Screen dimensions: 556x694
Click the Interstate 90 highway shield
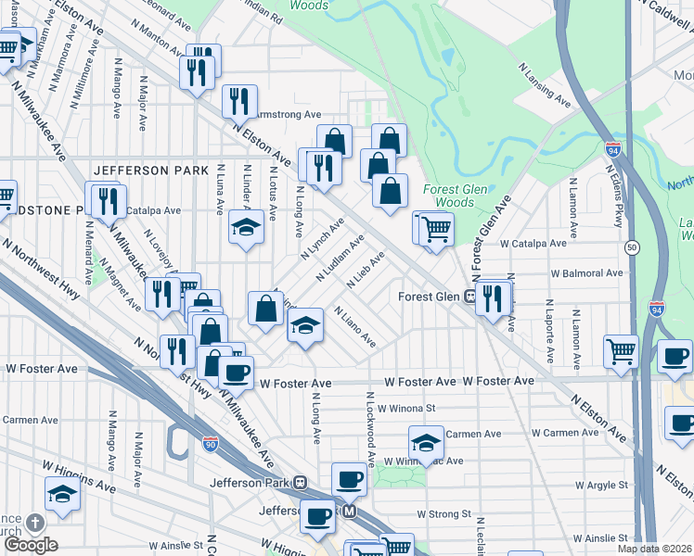click(211, 444)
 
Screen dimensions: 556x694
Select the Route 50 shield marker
click(631, 247)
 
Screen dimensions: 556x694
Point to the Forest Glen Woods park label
click(448, 195)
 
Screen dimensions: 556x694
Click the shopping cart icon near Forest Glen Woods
click(436, 228)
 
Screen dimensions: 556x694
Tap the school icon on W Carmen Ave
click(426, 442)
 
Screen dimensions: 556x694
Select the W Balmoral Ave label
click(587, 274)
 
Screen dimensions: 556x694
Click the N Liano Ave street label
click(354, 327)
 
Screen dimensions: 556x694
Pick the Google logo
click(30, 544)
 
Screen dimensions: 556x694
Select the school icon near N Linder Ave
click(247, 226)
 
